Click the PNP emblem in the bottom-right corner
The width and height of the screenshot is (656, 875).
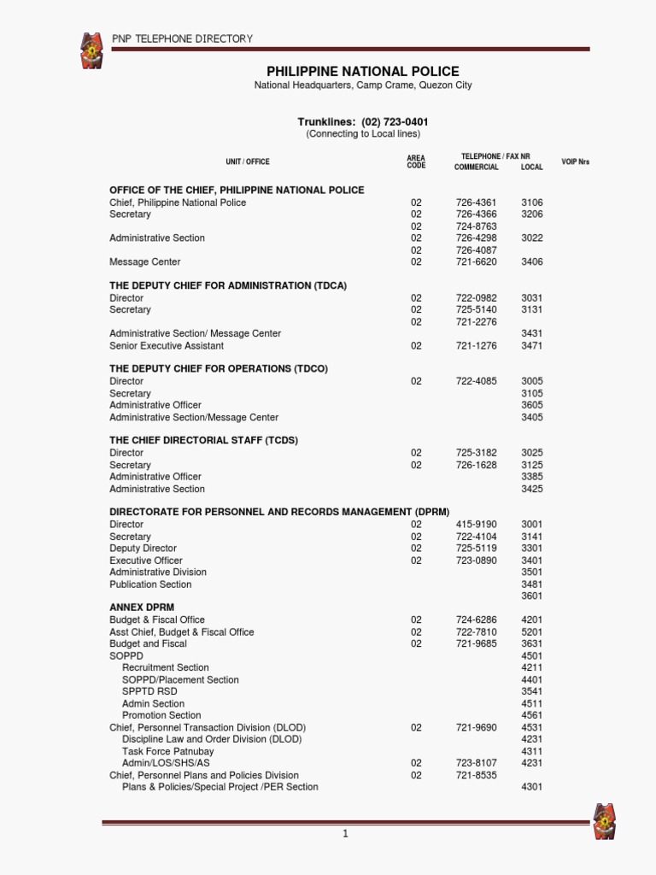(606, 821)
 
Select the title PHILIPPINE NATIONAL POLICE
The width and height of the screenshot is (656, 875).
(363, 72)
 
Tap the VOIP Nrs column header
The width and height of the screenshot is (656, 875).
(575, 161)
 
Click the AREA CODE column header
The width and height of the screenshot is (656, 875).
(416, 161)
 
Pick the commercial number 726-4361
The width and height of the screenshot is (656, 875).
(476, 203)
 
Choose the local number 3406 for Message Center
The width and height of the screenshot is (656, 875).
(531, 262)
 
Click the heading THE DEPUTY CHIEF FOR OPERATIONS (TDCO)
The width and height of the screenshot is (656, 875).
(219, 369)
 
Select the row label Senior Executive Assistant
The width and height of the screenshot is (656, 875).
(167, 346)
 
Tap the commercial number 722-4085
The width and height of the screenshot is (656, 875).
(476, 381)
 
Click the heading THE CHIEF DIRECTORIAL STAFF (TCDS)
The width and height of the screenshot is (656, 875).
(203, 440)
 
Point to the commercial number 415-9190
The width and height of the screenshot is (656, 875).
(476, 525)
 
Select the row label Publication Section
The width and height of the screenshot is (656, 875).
(150, 584)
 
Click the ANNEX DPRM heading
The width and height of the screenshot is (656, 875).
(142, 608)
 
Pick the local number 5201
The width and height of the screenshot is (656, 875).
(531, 632)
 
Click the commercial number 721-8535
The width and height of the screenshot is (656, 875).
(476, 775)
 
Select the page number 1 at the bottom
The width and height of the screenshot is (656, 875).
(345, 834)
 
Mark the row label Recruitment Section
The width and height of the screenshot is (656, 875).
(166, 667)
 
